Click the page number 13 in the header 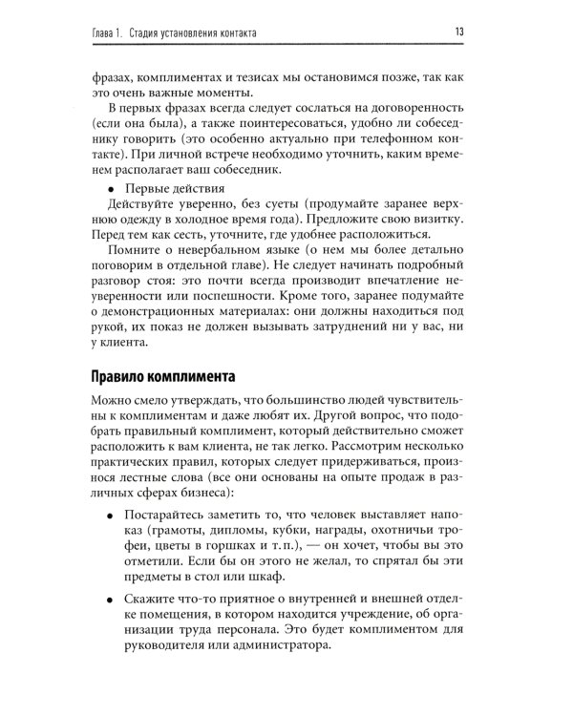[x=459, y=34]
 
